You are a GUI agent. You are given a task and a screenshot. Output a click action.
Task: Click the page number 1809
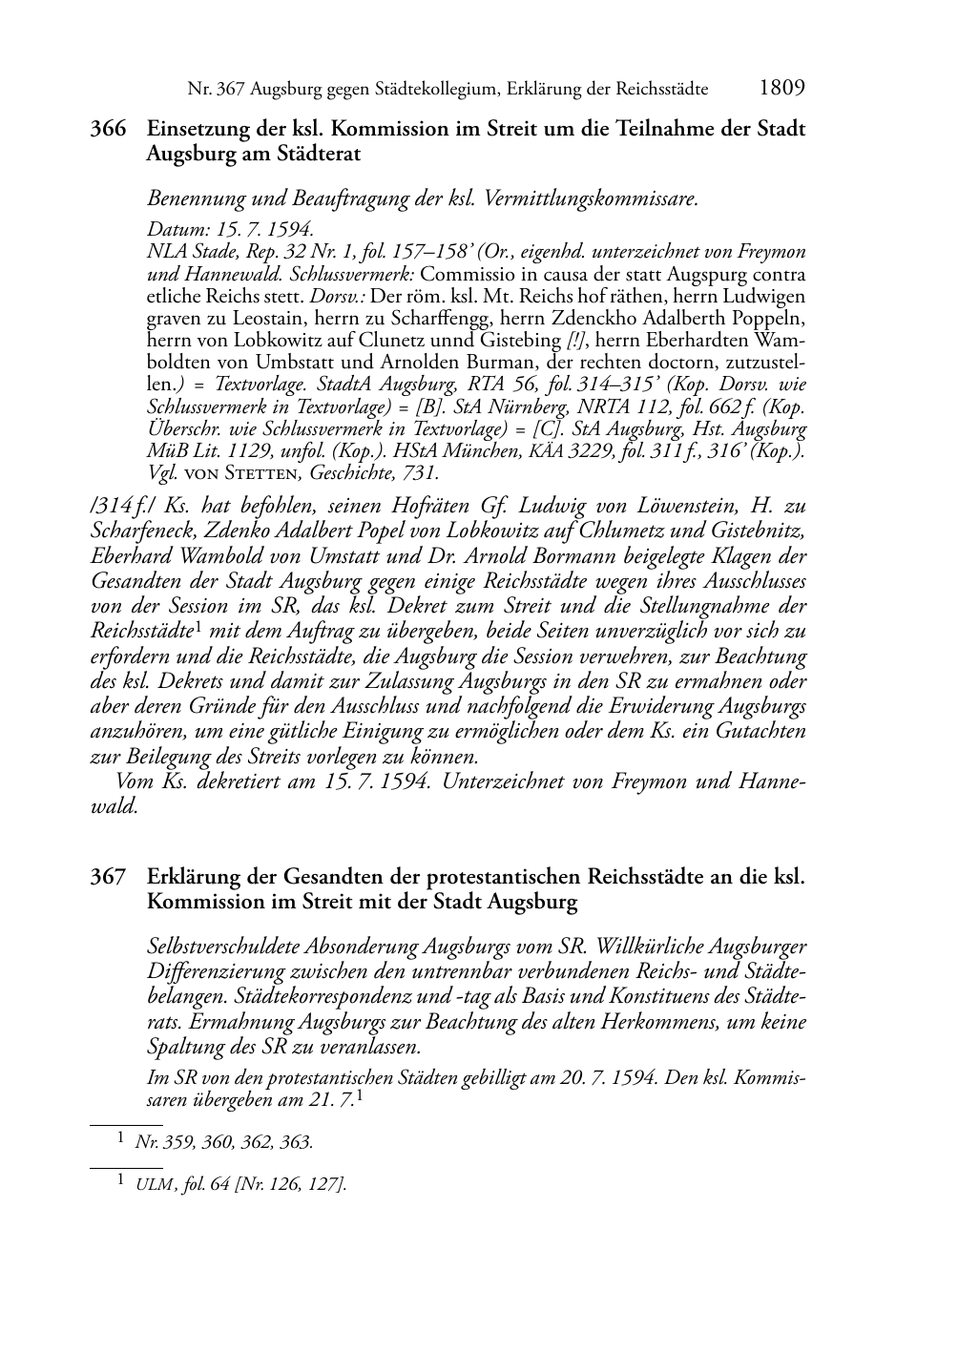782,89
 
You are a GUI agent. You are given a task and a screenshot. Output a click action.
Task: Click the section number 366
108,129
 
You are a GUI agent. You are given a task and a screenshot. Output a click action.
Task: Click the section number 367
108,877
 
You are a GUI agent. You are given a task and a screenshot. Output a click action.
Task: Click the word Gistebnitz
756,531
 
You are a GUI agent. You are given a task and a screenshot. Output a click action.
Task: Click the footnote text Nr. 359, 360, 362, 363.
224,1141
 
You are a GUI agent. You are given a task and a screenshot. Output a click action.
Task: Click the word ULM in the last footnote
153,1184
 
